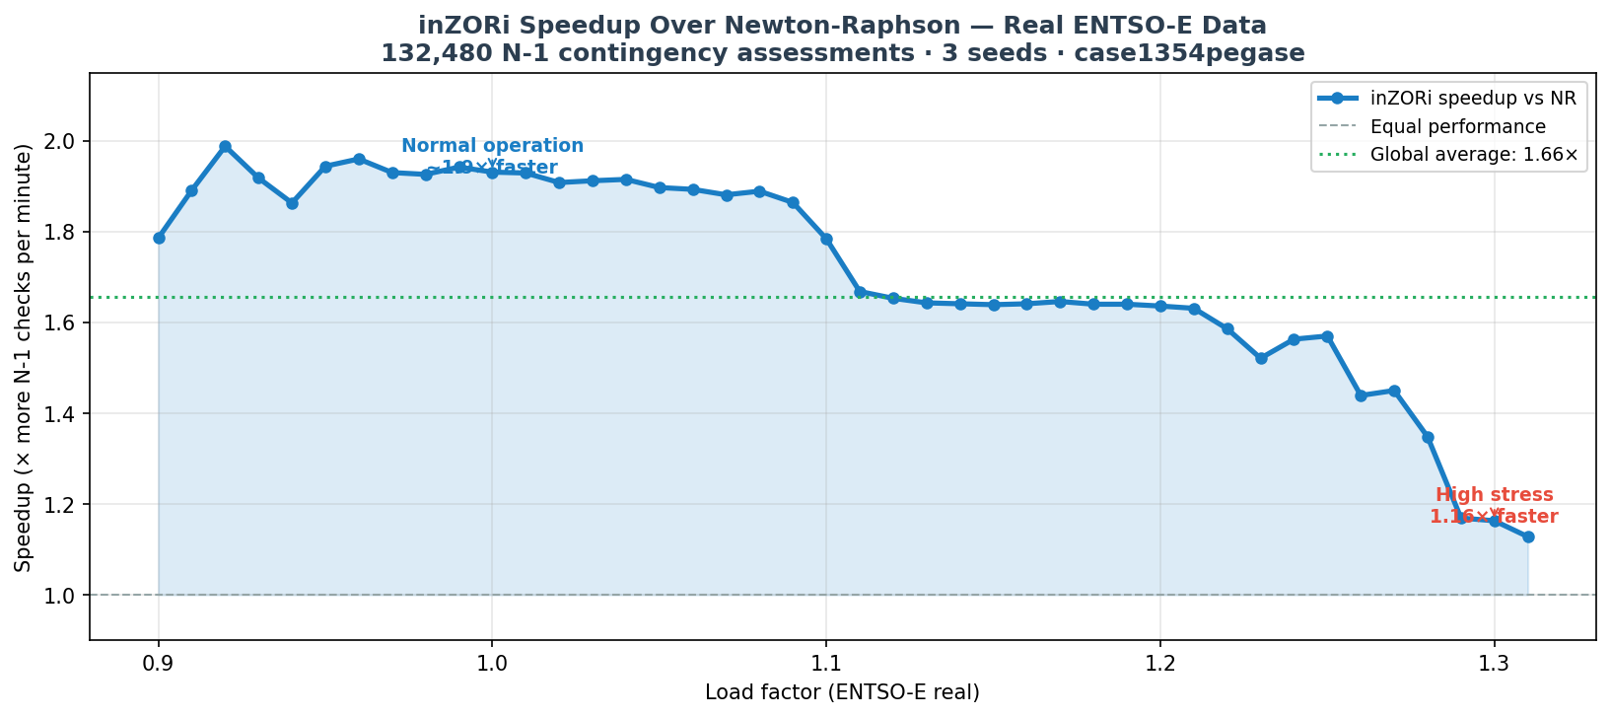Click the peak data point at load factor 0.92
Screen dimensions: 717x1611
click(x=225, y=146)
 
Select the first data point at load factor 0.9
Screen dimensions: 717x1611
click(x=159, y=238)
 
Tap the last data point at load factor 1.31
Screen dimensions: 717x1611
click(x=1528, y=537)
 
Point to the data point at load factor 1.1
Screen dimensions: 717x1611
click(x=826, y=239)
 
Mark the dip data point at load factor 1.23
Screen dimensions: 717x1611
click(x=1261, y=358)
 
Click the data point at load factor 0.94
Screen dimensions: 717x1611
click(x=292, y=203)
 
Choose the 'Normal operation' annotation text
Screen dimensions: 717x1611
click(x=492, y=146)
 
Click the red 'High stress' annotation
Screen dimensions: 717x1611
click(x=1494, y=495)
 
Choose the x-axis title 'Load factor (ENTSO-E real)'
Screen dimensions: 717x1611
click(x=842, y=692)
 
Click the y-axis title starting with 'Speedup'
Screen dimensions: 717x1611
click(x=24, y=357)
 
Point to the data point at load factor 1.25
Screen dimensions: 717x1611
click(x=1327, y=336)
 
